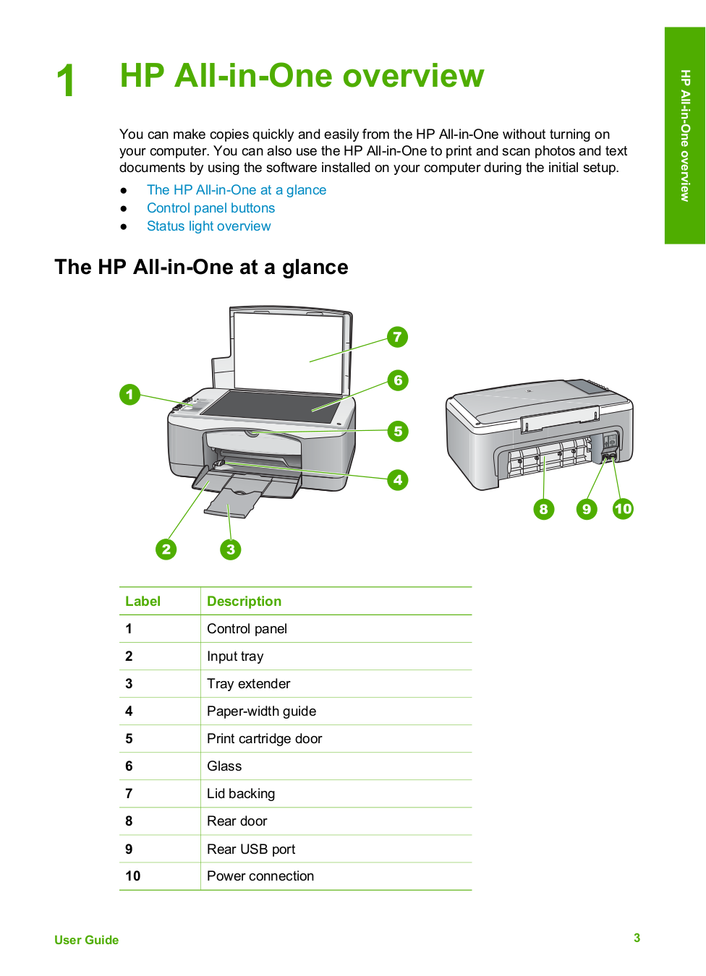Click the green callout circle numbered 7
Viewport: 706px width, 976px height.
397,337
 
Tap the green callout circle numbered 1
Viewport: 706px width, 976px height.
129,394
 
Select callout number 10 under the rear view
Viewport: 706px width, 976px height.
623,509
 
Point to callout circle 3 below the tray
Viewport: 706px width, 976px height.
230,549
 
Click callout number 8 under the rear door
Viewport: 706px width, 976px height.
543,509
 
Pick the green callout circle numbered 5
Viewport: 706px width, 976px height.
397,432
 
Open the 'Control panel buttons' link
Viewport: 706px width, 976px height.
210,208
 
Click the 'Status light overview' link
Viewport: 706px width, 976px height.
208,226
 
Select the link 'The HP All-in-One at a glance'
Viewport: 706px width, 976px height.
236,190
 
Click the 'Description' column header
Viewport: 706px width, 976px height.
244,602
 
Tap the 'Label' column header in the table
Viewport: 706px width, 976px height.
143,602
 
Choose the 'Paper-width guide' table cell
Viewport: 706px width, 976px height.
261,711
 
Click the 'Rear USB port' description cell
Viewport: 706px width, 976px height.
251,849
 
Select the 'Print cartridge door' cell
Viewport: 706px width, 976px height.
264,739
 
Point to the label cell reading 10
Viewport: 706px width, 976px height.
133,876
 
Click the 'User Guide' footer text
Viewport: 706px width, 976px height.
86,940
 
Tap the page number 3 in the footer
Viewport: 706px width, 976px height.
637,938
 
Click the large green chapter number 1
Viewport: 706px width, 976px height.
66,80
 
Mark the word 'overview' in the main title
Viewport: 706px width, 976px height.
413,76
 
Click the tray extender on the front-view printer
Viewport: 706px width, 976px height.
233,503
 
